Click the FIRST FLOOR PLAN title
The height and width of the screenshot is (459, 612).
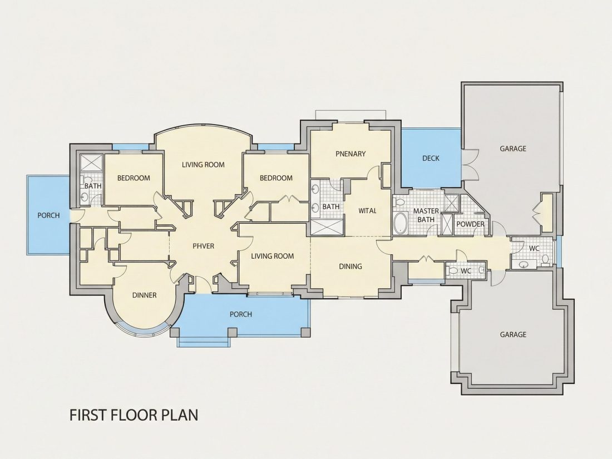[x=134, y=414]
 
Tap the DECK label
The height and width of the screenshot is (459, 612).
[x=431, y=158]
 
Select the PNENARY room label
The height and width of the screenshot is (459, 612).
[x=351, y=154]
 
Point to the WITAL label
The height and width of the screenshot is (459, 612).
[x=367, y=211]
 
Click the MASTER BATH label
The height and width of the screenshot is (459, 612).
[x=426, y=215]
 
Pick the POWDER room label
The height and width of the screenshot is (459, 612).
[x=470, y=224]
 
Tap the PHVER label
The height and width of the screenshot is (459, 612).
[x=203, y=246]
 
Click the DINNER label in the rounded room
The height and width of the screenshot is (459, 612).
[x=145, y=295]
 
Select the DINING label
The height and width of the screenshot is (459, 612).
[x=350, y=266]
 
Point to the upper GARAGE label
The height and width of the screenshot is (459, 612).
[x=513, y=149]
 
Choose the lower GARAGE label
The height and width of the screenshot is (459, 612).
[x=513, y=334]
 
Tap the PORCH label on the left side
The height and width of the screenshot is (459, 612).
[x=48, y=215]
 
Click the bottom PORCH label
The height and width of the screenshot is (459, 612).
[x=240, y=314]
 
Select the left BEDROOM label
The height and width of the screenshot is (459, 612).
[x=134, y=178]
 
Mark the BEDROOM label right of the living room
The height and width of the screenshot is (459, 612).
[x=276, y=178]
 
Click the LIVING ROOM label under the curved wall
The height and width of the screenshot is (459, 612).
[x=203, y=165]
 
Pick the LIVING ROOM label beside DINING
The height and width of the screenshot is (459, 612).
[x=272, y=256]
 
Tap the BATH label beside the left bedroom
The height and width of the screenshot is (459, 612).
[x=93, y=186]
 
